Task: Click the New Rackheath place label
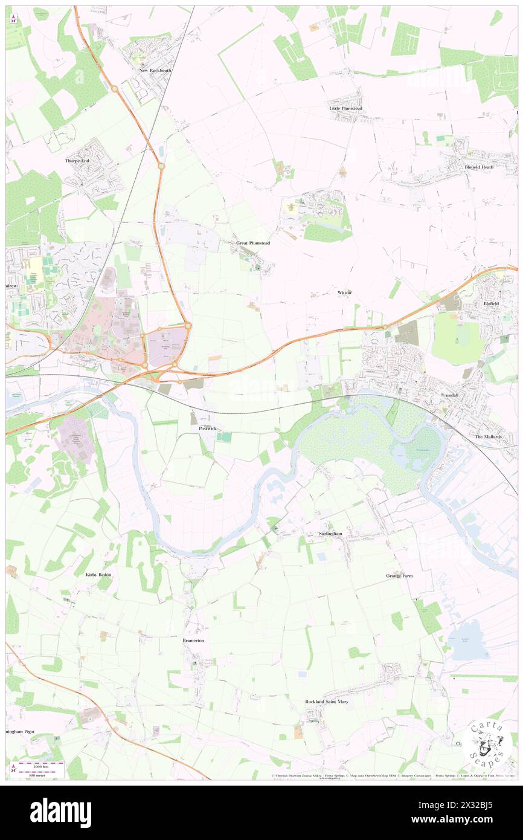(152, 70)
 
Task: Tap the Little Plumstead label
(345, 108)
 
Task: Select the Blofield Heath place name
(479, 167)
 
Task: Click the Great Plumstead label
(253, 243)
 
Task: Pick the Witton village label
(344, 292)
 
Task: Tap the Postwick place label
(208, 428)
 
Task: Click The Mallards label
(489, 436)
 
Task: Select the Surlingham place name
(330, 534)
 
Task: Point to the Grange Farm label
(400, 576)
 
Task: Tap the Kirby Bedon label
(99, 575)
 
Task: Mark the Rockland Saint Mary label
(327, 701)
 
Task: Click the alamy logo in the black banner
(60, 813)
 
